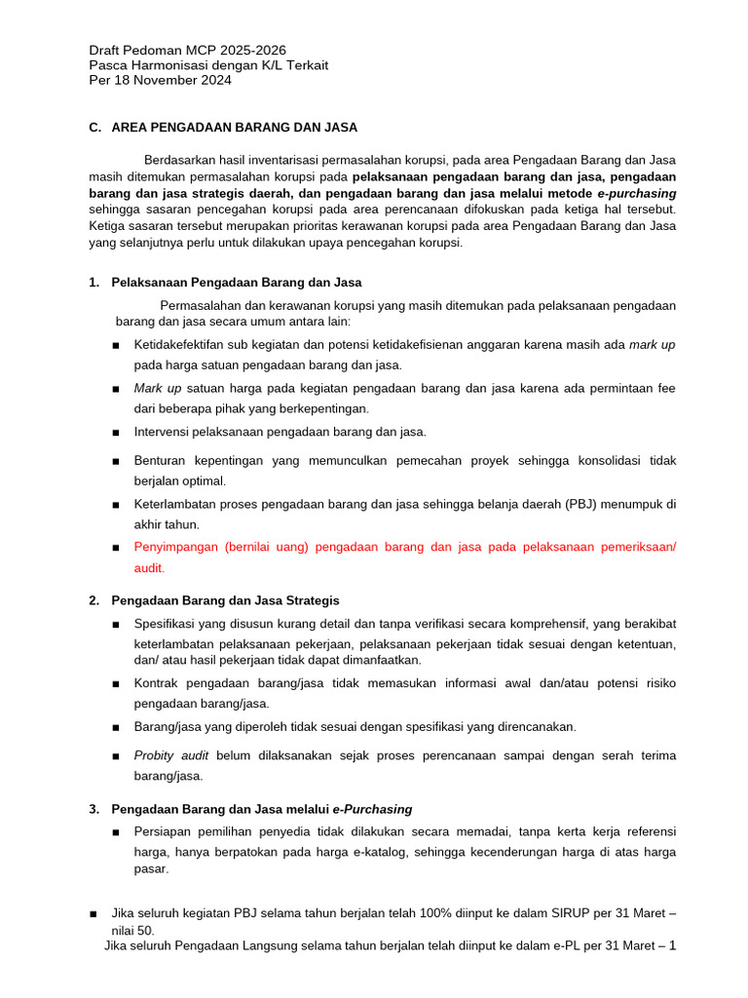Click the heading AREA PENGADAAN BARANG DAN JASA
[x=234, y=127]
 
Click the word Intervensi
[x=167, y=432]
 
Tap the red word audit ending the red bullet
[x=149, y=567]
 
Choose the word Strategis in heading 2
[x=309, y=600]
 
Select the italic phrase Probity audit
[x=171, y=755]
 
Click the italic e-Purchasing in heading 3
[x=372, y=809]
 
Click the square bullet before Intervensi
[x=116, y=433]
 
